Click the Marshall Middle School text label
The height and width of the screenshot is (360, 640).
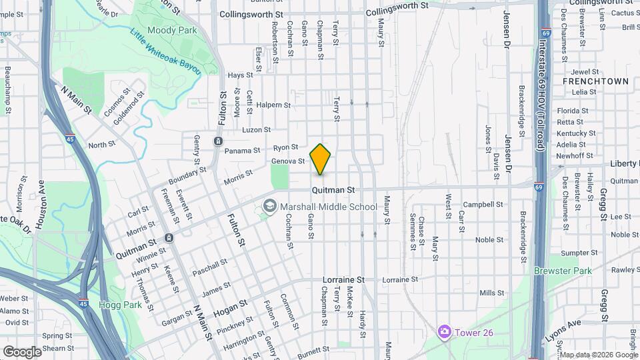point(329,207)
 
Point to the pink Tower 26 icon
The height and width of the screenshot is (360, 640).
point(444,331)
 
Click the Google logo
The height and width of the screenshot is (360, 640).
point(22,351)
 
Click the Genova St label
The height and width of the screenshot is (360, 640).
point(288,161)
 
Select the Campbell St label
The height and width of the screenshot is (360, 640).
point(483,204)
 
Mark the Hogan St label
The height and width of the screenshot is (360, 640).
point(230,309)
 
